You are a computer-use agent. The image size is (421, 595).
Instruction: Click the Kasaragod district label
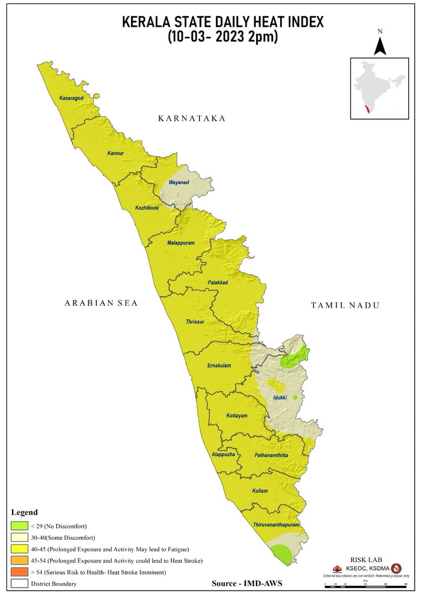point(71,98)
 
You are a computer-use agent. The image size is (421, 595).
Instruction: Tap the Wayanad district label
point(179,182)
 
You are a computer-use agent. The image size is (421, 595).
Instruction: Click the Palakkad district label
point(217,282)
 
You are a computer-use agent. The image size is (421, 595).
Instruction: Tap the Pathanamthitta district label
point(271,455)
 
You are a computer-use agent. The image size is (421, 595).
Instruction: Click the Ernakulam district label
point(219,365)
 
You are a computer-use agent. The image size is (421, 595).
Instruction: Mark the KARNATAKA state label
point(192,119)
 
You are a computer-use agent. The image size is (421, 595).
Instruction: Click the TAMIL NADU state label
point(345,305)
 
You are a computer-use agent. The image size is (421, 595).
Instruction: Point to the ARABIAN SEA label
point(101,303)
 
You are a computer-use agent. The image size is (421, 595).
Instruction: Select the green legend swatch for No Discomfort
point(19,525)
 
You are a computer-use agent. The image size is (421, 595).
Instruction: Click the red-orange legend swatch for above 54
point(19,572)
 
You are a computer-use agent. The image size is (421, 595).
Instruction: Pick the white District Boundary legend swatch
point(19,584)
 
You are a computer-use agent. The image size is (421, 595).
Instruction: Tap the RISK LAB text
point(366,560)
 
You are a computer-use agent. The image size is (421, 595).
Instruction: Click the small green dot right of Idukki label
point(294,397)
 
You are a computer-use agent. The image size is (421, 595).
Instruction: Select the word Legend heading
point(24,512)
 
